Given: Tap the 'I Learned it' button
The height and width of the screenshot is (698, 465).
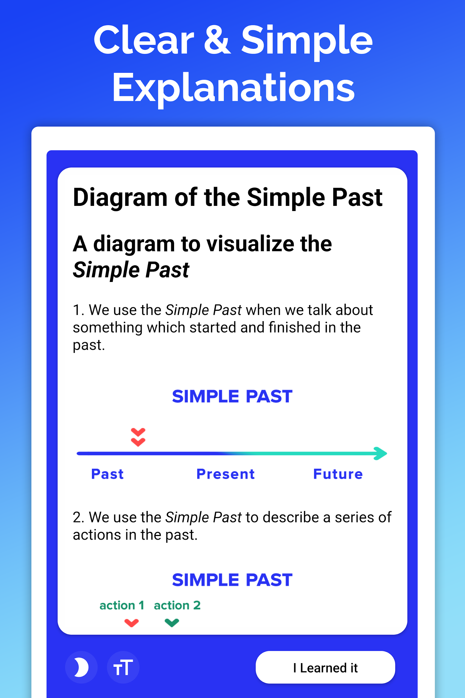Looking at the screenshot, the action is [x=325, y=667].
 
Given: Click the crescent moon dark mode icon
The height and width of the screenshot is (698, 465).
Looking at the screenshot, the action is [x=81, y=667].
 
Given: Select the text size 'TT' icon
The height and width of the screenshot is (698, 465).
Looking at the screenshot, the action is [x=123, y=667].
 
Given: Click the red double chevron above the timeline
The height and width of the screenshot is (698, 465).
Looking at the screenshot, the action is [x=138, y=437].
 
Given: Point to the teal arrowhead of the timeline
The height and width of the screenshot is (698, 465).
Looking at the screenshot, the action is [x=381, y=453].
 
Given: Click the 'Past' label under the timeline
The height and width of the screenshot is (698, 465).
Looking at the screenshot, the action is [x=107, y=474].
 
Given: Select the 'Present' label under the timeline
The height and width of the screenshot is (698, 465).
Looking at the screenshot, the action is [x=226, y=474].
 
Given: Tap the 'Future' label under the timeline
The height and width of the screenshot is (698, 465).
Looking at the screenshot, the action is [x=338, y=474].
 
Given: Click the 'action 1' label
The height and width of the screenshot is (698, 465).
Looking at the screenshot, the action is [x=122, y=605].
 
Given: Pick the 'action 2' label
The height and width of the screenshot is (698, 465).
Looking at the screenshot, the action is [x=177, y=605].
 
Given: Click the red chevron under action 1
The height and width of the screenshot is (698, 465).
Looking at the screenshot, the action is [x=132, y=623].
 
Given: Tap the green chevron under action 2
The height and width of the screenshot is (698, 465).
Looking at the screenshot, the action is [x=172, y=623].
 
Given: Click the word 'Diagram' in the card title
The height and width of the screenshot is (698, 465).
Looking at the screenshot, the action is [x=120, y=198].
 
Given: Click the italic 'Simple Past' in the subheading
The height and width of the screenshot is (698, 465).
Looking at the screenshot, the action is [x=131, y=270].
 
